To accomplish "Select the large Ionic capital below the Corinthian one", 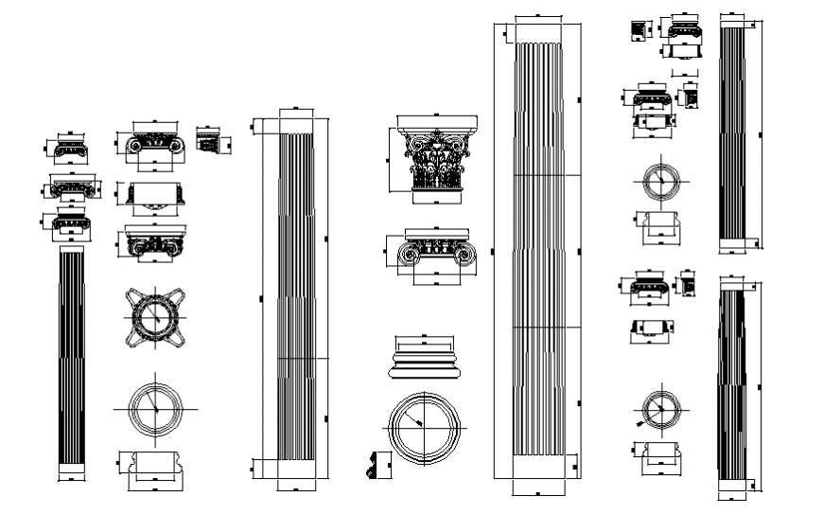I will [436, 251].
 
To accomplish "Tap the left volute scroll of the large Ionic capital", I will [411, 254].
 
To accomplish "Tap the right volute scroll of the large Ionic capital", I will [463, 254].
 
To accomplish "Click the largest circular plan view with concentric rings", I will [425, 429].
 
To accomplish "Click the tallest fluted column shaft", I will [537, 251].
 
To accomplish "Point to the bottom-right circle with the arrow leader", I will [659, 409].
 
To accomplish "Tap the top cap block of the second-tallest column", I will [295, 124].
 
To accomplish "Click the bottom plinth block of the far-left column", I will [72, 468].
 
